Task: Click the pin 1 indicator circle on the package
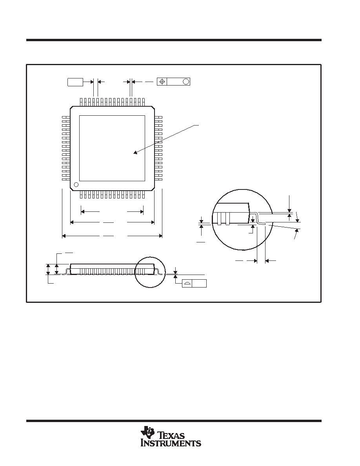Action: click(76, 185)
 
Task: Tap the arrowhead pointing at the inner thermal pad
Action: click(135, 153)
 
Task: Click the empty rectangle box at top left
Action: click(75, 82)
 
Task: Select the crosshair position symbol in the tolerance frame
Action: click(162, 82)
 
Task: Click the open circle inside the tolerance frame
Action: click(186, 82)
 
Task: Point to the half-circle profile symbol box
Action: click(187, 283)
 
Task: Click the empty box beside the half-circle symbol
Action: click(199, 283)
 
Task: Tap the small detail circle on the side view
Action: click(150, 271)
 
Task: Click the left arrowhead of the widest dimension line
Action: click(64, 236)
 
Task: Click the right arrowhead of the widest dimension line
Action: click(160, 236)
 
